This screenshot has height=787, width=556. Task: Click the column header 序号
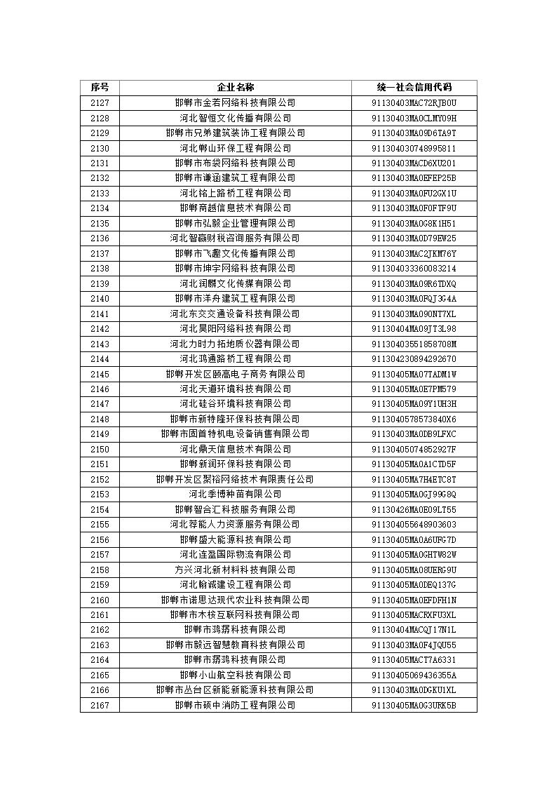pos(100,88)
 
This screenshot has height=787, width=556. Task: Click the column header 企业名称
pos(235,88)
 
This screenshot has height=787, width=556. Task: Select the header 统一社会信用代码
pos(414,88)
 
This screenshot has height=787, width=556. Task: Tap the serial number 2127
pos(100,103)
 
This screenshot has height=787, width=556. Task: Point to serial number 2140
pos(100,299)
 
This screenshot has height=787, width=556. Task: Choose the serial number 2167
pos(100,705)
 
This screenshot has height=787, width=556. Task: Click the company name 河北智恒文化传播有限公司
pos(235,118)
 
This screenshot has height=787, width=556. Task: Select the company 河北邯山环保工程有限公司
pos(235,148)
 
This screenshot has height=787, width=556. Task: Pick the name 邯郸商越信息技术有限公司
pos(235,208)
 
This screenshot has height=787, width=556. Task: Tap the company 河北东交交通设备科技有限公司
pos(235,314)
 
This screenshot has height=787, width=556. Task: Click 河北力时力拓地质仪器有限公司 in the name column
pos(235,344)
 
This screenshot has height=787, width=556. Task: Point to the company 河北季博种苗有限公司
pos(235,495)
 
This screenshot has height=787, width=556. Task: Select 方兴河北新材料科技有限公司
pos(235,570)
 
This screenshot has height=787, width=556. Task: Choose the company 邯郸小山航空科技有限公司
pos(235,675)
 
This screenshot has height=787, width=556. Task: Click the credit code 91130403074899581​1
pos(414,148)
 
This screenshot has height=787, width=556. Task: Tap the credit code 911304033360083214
pos(414,269)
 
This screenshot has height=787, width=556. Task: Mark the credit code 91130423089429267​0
pos(414,359)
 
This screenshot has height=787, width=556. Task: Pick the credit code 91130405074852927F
pos(414,449)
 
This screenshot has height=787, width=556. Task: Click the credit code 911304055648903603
pos(414,525)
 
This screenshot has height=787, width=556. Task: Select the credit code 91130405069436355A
pos(414,675)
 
